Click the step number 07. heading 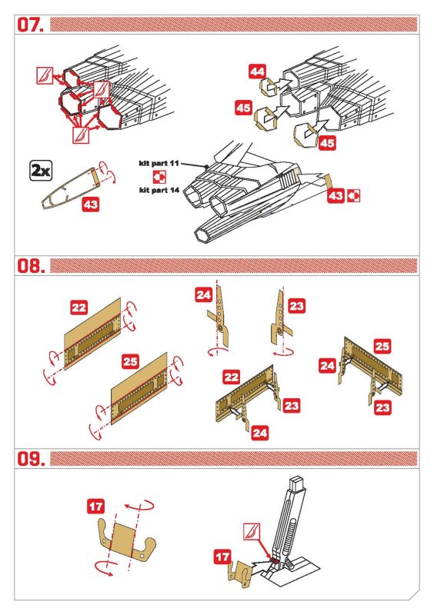tap(30, 25)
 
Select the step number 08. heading tap(30, 265)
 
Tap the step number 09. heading tap(30, 458)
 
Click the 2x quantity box tap(41, 171)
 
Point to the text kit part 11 tap(159, 163)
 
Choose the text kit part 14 tap(159, 190)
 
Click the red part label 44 tap(257, 71)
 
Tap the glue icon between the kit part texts tap(159, 177)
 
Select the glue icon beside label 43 tap(353, 196)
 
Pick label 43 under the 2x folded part tap(91, 204)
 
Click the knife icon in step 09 tap(252, 531)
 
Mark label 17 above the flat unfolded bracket tap(95, 507)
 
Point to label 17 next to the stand tap(222, 557)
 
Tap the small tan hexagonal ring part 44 tap(268, 87)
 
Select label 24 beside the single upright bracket tap(203, 294)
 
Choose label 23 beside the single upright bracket tap(296, 306)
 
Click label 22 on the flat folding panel tap(79, 307)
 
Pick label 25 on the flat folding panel tap(130, 361)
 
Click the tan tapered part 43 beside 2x tap(68, 188)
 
